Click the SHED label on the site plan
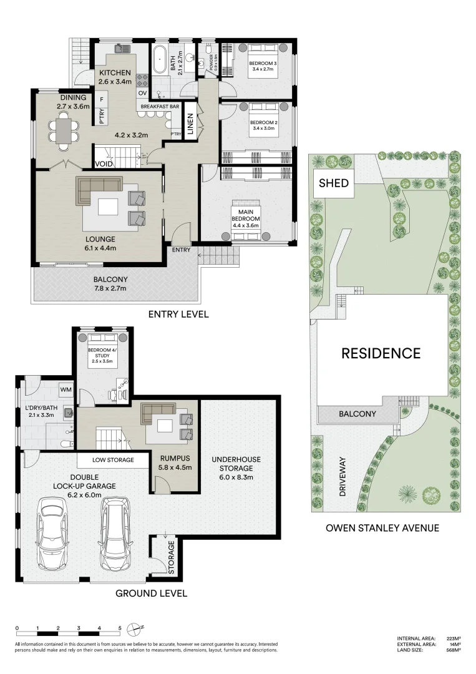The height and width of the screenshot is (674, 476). (334, 183)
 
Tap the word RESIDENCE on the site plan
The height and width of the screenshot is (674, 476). (381, 353)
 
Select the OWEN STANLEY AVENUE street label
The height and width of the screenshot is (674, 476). (382, 528)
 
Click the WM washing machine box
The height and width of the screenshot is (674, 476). (66, 390)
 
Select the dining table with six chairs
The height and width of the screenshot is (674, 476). (62, 132)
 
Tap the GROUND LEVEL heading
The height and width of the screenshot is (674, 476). (151, 593)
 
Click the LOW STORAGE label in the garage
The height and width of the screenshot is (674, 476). (113, 460)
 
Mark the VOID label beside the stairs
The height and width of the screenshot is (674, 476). (104, 165)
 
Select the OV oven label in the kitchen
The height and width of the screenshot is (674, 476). (142, 93)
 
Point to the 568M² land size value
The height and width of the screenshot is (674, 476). (454, 650)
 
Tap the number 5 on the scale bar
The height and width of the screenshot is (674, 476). (120, 628)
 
